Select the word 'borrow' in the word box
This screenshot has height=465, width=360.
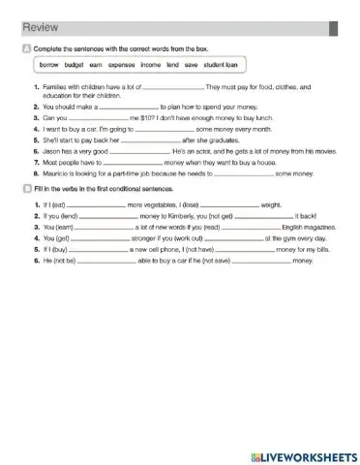click(48, 65)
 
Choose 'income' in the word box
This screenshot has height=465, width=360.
click(151, 65)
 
